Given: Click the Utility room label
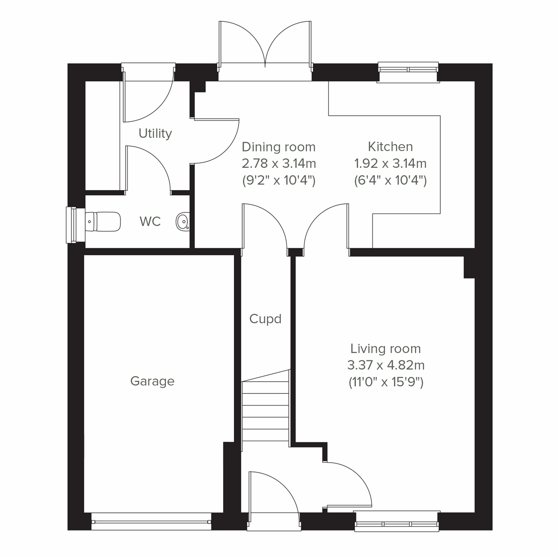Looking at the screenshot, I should point(155,133).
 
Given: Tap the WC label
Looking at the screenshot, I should point(150,221).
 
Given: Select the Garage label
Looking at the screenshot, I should point(153,381).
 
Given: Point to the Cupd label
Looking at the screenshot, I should point(266,319).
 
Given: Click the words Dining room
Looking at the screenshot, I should point(279,147).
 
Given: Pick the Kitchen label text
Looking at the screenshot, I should point(390,147).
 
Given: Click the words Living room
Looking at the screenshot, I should point(385,349).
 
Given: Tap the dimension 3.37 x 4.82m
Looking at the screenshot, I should point(385,365).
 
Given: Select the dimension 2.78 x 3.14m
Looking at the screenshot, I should point(279,164).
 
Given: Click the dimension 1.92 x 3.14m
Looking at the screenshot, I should point(390,164).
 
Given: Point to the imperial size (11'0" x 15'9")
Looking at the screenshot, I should point(385,382).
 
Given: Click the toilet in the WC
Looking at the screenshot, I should point(104,221).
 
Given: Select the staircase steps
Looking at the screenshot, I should point(266,412).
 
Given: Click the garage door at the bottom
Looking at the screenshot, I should point(151,522).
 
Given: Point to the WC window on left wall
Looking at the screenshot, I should point(72,225).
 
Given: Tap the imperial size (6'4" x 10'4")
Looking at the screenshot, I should point(390,180).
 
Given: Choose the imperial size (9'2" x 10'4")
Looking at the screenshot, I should point(279,180).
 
